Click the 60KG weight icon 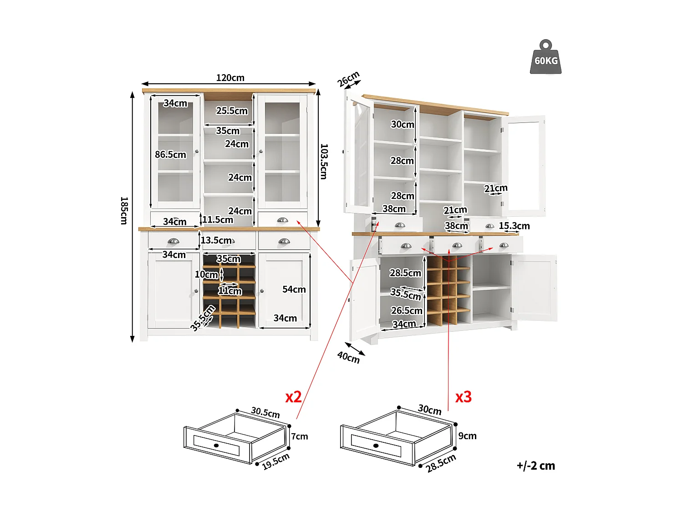(x=545, y=58)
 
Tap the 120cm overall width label (x=230, y=78)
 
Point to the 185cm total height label (x=123, y=210)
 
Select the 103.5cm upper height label (x=324, y=162)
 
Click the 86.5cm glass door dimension (x=170, y=155)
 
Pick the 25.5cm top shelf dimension (x=232, y=111)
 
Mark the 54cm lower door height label (x=294, y=289)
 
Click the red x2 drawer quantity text (x=293, y=397)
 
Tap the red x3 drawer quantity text (x=464, y=397)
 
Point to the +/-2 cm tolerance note (x=535, y=466)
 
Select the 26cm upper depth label (x=348, y=79)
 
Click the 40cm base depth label (x=348, y=358)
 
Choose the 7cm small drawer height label (x=300, y=436)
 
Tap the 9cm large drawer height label (x=467, y=436)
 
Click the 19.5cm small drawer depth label (x=276, y=461)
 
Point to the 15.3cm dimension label (x=514, y=226)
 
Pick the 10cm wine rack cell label (x=206, y=274)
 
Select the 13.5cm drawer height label (x=216, y=240)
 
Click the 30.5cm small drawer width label (x=265, y=413)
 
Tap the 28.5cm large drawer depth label (x=441, y=463)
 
